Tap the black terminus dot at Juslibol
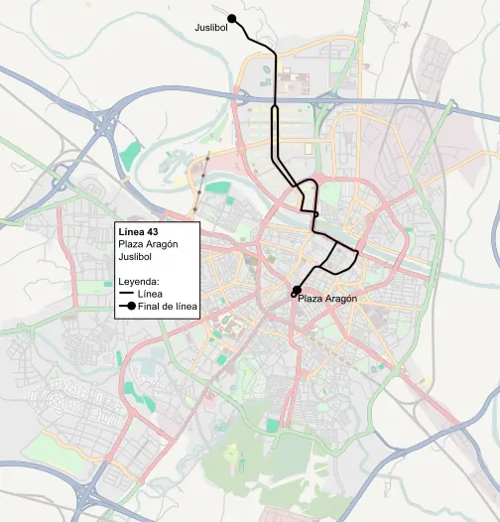pos(232,18)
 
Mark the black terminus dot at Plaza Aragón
pos(296,290)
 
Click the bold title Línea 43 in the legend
pos(138,232)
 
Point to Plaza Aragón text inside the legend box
pos(147,245)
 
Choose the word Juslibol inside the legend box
pos(136,257)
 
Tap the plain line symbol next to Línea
pos(126,295)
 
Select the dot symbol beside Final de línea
pos(126,308)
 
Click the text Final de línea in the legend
pos(167,308)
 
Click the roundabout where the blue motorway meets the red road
pos(240,96)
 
